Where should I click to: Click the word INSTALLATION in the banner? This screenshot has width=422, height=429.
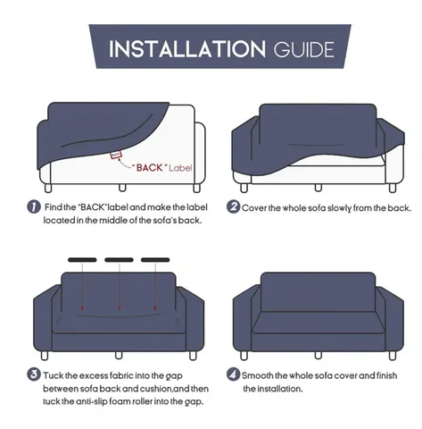point(187,49)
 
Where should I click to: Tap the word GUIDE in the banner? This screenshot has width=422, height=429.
point(304,49)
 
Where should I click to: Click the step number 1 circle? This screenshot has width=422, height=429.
point(34,206)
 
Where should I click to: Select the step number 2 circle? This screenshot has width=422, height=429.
point(233,206)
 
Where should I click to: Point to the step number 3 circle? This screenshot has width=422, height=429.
point(34,374)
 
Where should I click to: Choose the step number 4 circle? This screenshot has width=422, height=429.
point(233,374)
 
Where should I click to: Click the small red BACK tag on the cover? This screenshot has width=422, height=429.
point(116,155)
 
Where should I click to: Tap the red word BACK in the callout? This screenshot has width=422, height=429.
point(150,168)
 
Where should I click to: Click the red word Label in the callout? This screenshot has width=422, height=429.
point(180,168)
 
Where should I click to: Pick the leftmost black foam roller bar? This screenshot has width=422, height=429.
point(82,260)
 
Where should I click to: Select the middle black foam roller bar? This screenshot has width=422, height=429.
point(119,260)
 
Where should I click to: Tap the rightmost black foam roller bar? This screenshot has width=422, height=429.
point(155,260)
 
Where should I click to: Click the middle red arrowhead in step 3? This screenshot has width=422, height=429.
point(119,308)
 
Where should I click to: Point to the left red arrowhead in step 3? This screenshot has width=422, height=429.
point(82,308)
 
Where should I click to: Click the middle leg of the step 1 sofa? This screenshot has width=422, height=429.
point(122,188)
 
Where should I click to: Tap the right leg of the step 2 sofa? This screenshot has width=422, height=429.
point(393,188)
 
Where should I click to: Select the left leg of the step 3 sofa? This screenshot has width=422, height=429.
point(45,356)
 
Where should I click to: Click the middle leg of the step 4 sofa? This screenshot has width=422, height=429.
point(319,355)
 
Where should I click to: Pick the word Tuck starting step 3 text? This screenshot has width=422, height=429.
point(53,375)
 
